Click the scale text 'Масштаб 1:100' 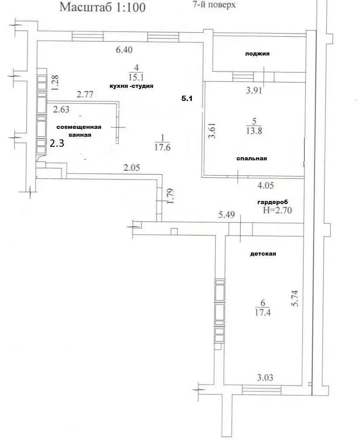point(102,7)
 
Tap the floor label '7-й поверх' point(214,4)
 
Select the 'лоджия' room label point(257,54)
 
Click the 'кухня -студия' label point(132,86)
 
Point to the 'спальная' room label point(252,159)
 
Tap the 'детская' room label point(263,254)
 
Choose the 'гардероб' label point(273,202)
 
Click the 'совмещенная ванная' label point(79,131)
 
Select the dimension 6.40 point(124,50)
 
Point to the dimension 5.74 point(295,298)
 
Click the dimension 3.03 point(265,377)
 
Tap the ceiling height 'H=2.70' point(277,210)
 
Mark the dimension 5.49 point(227,215)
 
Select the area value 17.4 point(263,312)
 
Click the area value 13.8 point(254,131)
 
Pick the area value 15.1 point(136,77)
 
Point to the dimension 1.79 point(170,196)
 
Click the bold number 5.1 point(187,98)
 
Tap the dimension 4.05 point(266,186)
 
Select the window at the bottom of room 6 point(262,391)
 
